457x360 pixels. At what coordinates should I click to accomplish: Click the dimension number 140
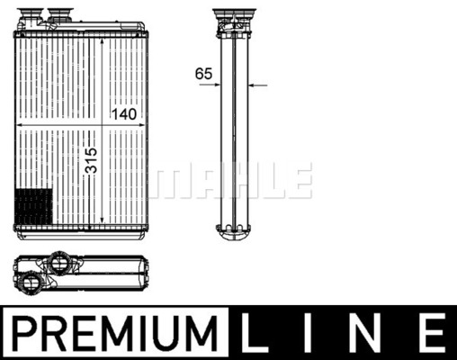click(124, 114)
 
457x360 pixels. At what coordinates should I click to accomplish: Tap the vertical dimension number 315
click(91, 160)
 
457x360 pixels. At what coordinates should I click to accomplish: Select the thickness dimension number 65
click(203, 74)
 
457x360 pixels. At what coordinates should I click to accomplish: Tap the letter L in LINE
click(255, 333)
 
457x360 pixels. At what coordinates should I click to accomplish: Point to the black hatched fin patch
click(33, 206)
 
